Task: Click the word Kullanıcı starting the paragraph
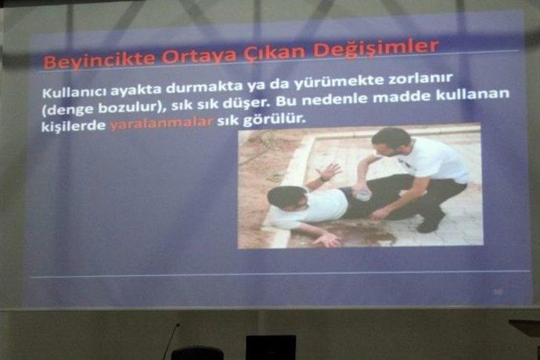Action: tap(75, 92)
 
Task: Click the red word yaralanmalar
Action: tap(162, 123)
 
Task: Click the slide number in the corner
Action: tap(498, 292)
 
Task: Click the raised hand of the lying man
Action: tap(329, 171)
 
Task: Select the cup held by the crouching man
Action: tap(363, 194)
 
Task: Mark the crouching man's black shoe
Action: tap(430, 223)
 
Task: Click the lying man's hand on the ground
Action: tap(326, 240)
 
